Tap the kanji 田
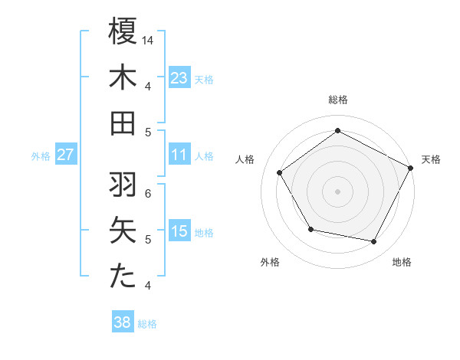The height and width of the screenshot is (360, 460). tap(123, 123)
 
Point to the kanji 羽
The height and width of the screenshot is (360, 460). tap(123, 185)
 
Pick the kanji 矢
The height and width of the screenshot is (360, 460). tap(123, 231)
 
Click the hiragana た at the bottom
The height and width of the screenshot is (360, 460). tap(123, 277)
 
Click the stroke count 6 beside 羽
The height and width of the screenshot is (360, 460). tap(148, 193)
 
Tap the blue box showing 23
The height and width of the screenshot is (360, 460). tap(179, 77)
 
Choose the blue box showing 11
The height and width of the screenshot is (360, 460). tap(179, 155)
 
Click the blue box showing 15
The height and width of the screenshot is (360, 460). tap(179, 231)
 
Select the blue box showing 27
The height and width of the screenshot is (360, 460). tap(65, 155)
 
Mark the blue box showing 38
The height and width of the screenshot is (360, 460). tap(123, 322)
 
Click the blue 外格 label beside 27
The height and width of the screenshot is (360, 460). tap(41, 155)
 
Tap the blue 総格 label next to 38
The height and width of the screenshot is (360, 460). tap(147, 323)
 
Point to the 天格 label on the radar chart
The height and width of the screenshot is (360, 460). tap(432, 159)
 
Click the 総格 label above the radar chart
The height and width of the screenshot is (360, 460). tap(337, 100)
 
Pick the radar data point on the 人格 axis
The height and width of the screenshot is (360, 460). tap(280, 172)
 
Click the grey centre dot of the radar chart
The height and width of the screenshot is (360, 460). tap(337, 191)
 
